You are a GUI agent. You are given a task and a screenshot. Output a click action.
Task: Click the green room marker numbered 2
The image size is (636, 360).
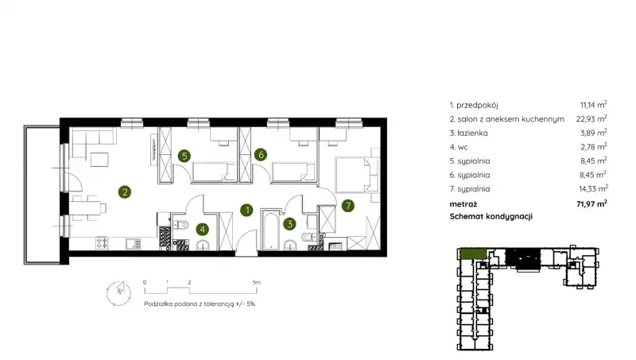125,192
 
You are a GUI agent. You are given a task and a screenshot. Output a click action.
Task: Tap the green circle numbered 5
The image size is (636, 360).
184,156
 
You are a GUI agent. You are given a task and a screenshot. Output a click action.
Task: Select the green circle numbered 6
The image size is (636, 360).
261,154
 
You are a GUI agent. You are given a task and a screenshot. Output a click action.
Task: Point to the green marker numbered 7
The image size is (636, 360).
348,206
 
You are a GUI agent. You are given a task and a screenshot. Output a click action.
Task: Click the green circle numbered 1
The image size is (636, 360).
246,210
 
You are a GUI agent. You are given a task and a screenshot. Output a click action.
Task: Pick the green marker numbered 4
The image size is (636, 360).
203,230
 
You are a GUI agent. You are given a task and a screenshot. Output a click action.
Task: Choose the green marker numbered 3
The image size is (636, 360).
289,223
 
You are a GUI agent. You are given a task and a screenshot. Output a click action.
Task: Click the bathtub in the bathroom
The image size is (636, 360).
269,229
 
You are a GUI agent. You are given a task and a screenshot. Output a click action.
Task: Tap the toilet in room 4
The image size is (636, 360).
181,224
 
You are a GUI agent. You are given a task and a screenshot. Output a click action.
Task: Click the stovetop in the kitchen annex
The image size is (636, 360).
102,242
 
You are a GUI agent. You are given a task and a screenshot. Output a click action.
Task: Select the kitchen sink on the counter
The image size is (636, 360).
133,243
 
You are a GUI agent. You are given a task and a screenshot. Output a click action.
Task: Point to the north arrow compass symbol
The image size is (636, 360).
118,293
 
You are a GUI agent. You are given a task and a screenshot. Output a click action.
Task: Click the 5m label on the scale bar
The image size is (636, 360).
256,282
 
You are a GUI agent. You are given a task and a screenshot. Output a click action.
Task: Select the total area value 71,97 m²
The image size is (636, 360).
591,203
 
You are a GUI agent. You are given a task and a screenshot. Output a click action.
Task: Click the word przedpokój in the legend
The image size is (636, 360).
477,106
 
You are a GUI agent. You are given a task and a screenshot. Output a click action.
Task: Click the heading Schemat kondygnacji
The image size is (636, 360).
491,216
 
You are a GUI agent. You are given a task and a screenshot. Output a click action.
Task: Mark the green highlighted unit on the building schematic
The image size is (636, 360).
473,254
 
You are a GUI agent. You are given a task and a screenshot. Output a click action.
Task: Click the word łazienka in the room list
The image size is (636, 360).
472,133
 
